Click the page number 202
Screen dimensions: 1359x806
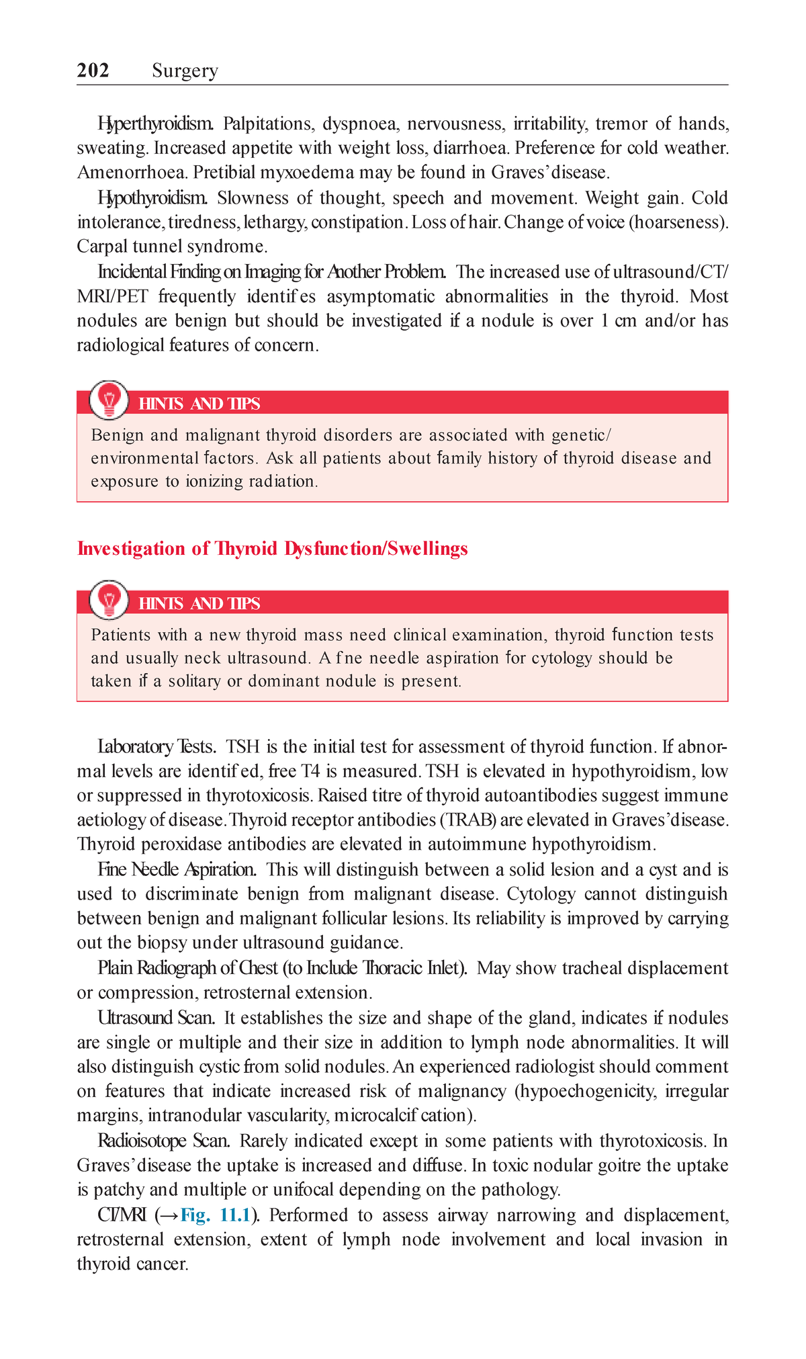(93, 71)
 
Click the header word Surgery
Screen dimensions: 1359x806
(185, 71)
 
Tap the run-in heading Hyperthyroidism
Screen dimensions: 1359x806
(155, 124)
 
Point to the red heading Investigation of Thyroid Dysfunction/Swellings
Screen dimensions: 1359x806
(272, 549)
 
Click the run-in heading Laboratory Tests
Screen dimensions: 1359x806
(156, 747)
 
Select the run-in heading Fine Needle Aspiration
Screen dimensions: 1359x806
(177, 870)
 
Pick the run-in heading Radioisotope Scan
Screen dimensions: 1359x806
(165, 1141)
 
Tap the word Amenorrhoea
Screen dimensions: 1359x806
(132, 173)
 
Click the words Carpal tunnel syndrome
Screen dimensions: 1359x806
(172, 247)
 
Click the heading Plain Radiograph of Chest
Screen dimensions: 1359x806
(188, 968)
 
